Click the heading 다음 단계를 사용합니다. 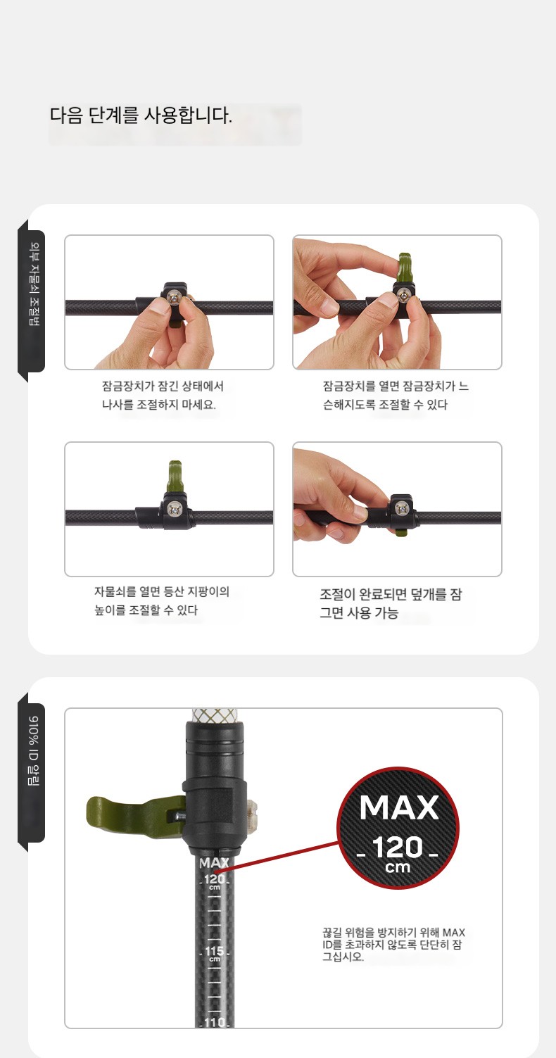point(141,115)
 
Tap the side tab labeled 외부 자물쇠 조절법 point(34,284)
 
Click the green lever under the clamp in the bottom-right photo point(400,532)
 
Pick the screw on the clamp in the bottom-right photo point(402,508)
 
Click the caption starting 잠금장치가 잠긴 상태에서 point(163,396)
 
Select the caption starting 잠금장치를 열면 point(396,396)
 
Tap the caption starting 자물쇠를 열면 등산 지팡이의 point(162,600)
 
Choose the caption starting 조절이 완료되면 point(391,604)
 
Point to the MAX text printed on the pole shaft point(214,863)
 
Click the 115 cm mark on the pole point(214,952)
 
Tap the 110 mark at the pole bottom point(215,1022)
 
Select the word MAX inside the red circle point(399,807)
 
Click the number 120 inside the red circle point(397,847)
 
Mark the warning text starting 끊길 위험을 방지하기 point(393,944)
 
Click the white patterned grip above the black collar point(217,716)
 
